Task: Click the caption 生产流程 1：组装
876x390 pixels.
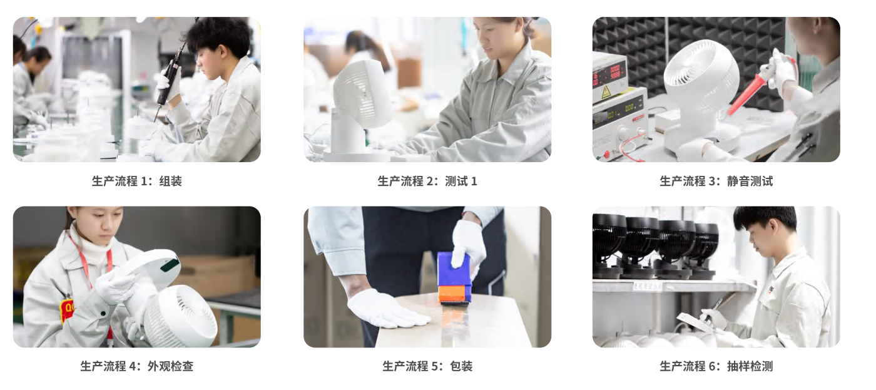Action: pos(136,182)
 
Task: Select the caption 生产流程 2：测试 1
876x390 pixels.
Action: pos(427,182)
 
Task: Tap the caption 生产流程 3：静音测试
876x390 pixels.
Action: pos(716,182)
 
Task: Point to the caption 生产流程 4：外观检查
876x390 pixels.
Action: pos(136,366)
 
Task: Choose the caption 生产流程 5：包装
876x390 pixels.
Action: pos(427,366)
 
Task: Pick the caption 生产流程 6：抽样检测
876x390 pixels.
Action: pos(716,366)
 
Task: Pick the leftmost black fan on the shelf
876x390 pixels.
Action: pos(608,241)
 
